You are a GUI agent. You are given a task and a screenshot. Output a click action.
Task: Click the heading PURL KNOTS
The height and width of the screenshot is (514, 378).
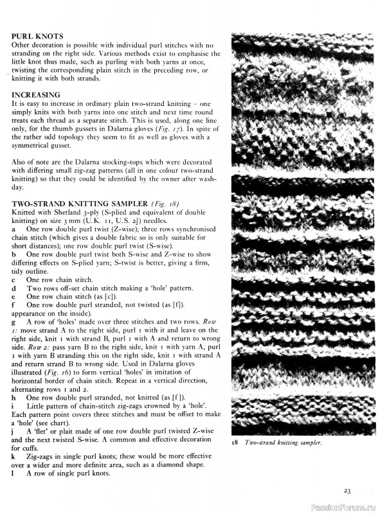point(37,37)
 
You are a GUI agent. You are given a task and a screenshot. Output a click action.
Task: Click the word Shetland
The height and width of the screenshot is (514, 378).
point(71,212)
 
